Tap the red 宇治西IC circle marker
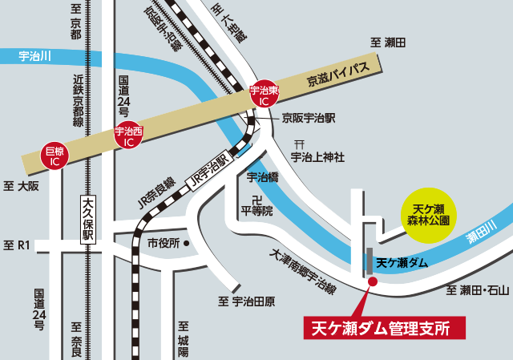(129, 135)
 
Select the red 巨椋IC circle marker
(55, 156)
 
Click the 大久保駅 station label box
(87, 220)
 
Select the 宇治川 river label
(34, 56)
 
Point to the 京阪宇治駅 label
(309, 117)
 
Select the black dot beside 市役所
(186, 242)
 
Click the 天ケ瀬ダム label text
(402, 261)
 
